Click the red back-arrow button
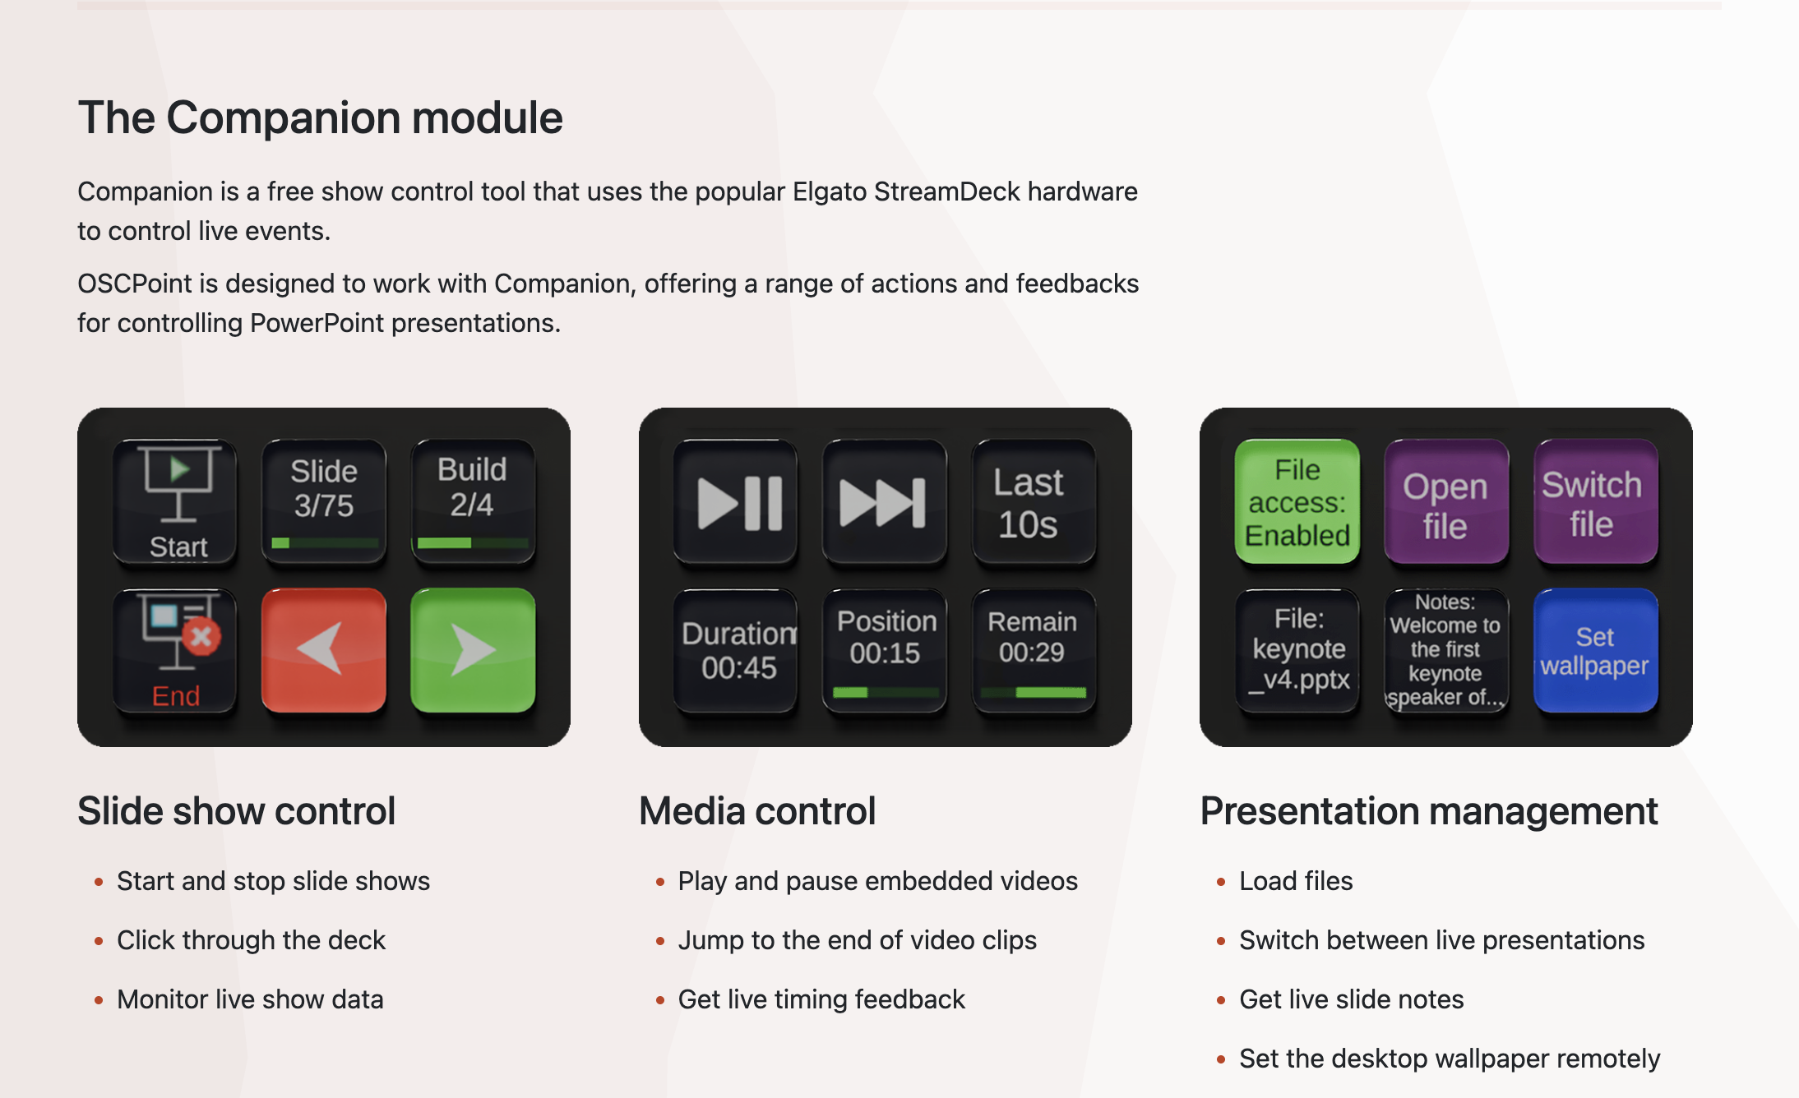pyautogui.click(x=324, y=650)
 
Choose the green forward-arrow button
pyautogui.click(x=473, y=650)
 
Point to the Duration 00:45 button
pyautogui.click(x=736, y=650)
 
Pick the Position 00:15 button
pyautogui.click(x=885, y=650)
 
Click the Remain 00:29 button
pyautogui.click(x=1034, y=650)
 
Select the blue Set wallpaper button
pyautogui.click(x=1595, y=650)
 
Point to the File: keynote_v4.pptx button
pyautogui.click(x=1297, y=650)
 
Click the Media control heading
pyautogui.click(x=757, y=811)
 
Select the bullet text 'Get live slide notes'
pyautogui.click(x=1352, y=999)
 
